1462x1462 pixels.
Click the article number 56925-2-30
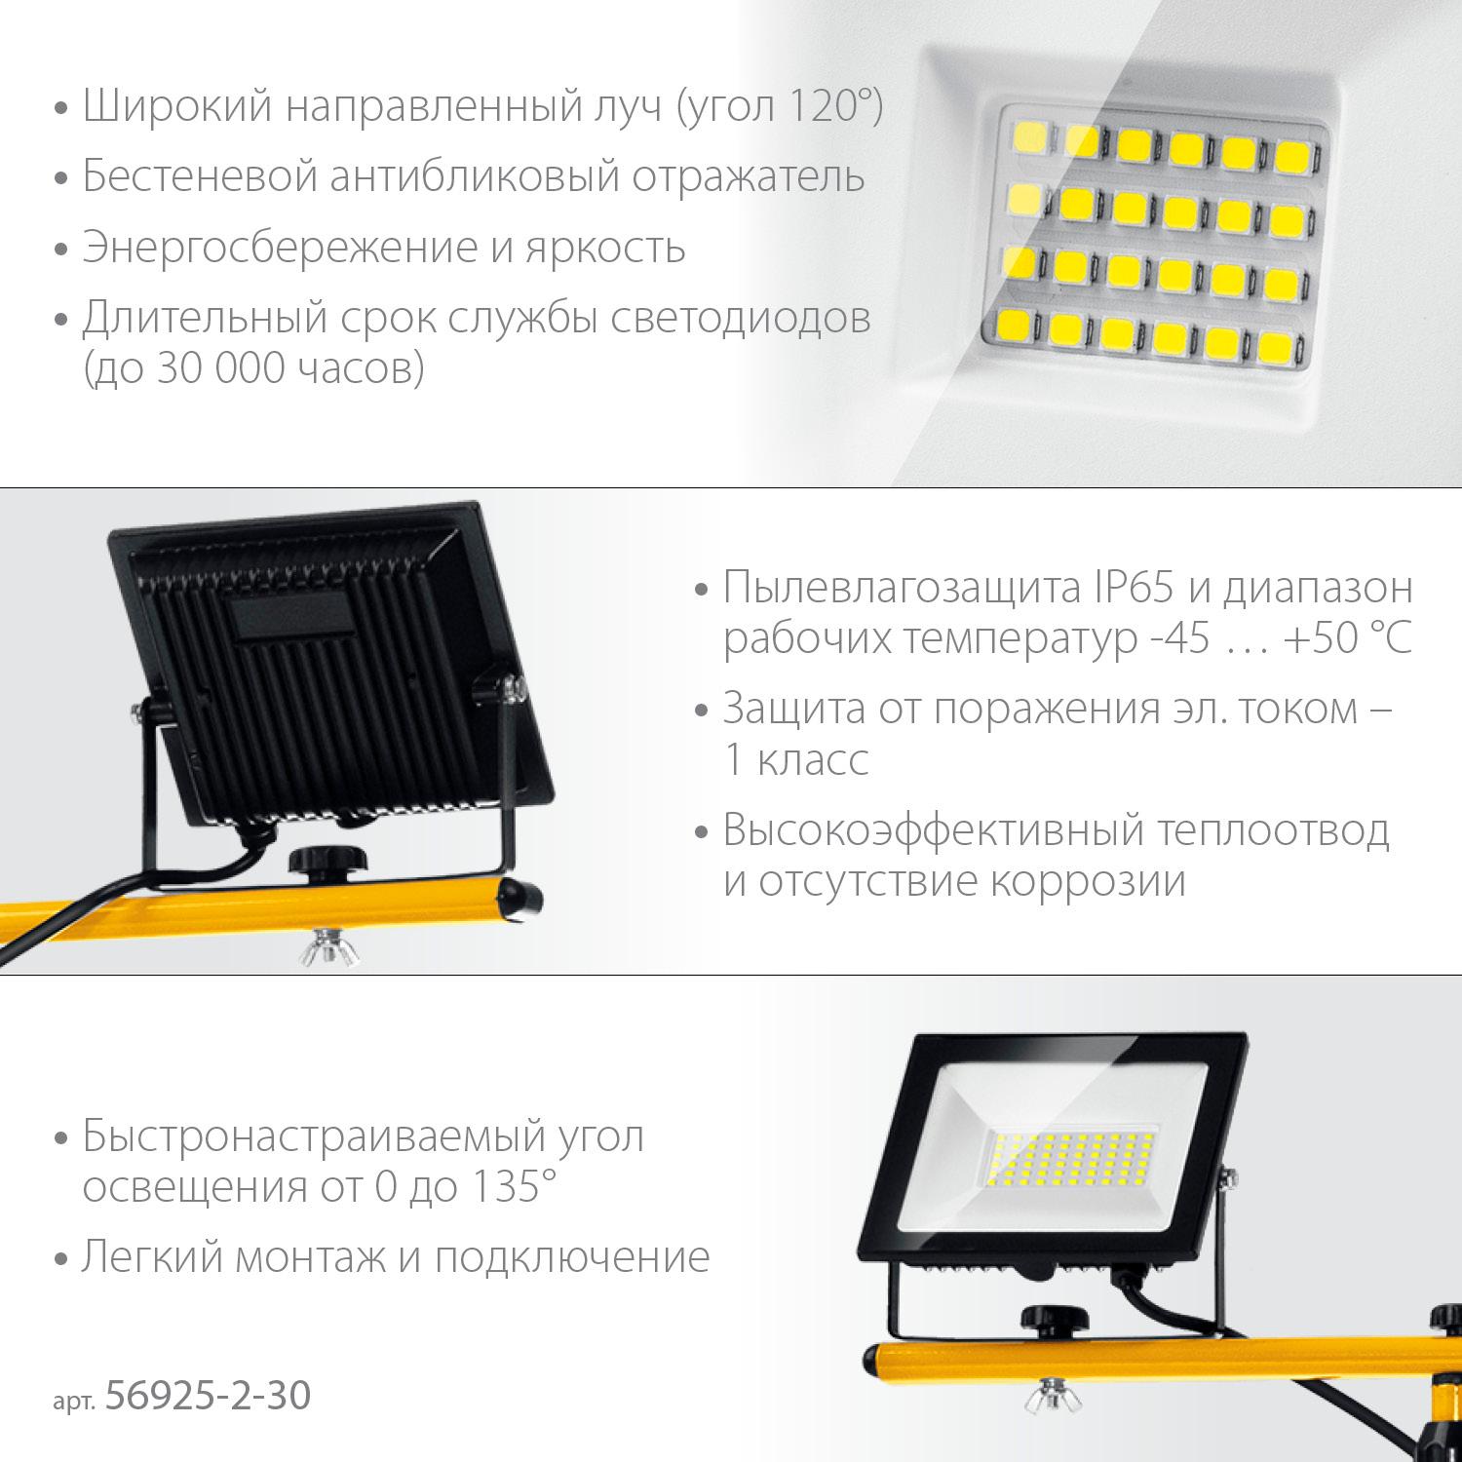coord(207,1396)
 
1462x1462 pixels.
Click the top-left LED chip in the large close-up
coord(1031,136)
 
